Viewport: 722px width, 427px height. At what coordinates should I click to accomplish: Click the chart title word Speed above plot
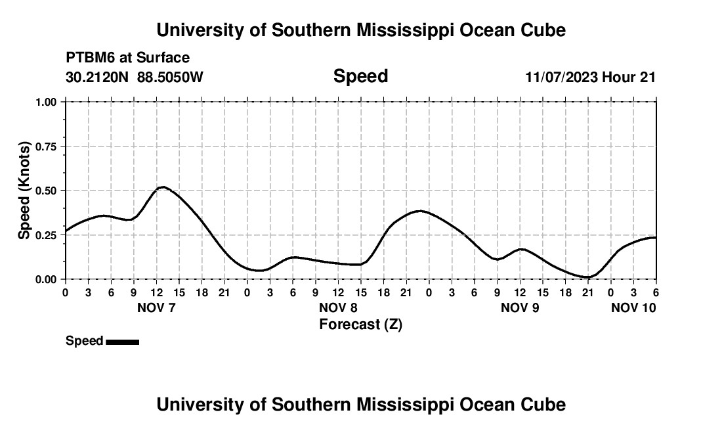click(x=360, y=76)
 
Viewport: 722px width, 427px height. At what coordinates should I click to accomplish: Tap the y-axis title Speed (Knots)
click(x=24, y=191)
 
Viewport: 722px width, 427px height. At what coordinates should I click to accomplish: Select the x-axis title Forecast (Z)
click(x=360, y=324)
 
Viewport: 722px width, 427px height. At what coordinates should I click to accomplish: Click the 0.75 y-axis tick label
click(x=47, y=146)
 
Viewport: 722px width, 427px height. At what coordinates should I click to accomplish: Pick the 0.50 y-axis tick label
click(x=47, y=191)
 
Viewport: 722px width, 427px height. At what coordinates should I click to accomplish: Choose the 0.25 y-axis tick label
click(x=47, y=235)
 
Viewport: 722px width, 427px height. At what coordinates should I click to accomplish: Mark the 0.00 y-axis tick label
click(x=47, y=280)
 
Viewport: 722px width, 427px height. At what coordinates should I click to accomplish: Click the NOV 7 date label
click(x=156, y=307)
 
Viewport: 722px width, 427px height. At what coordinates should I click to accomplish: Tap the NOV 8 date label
click(x=338, y=307)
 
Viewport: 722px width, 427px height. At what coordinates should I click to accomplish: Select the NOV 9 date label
click(x=520, y=307)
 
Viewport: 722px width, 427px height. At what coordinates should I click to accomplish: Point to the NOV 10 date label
click(x=633, y=307)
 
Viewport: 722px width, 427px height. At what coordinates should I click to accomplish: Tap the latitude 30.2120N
click(x=98, y=77)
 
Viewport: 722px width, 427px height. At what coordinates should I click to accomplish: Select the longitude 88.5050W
click(x=170, y=77)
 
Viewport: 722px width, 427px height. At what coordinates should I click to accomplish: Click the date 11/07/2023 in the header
click(x=561, y=77)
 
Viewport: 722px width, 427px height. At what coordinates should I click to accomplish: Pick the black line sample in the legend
click(x=122, y=342)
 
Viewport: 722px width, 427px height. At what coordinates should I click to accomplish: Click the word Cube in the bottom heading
click(x=544, y=405)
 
